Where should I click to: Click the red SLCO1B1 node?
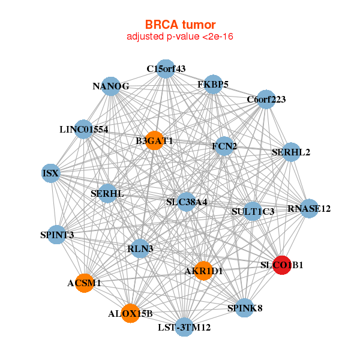(282, 265)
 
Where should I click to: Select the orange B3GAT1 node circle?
(154, 140)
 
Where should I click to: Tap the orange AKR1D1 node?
(203, 271)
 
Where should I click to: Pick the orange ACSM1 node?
(85, 283)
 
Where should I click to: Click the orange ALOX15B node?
(130, 313)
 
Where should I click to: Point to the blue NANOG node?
(111, 86)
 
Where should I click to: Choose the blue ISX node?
(51, 173)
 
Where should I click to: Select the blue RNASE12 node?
(309, 209)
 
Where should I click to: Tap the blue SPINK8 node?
(245, 308)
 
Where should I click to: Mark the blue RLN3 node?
(141, 248)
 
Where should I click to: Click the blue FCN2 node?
(224, 146)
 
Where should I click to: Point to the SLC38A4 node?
(187, 202)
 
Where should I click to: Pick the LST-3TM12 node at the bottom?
(184, 328)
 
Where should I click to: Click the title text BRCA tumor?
(180, 25)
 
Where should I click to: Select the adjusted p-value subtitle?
(180, 37)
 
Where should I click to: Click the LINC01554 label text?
(83, 129)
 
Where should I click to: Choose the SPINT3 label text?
(58, 235)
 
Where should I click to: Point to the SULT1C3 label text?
(253, 211)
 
